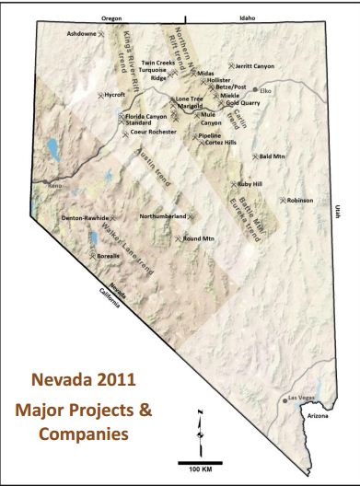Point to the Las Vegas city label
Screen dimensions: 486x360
(x=303, y=398)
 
